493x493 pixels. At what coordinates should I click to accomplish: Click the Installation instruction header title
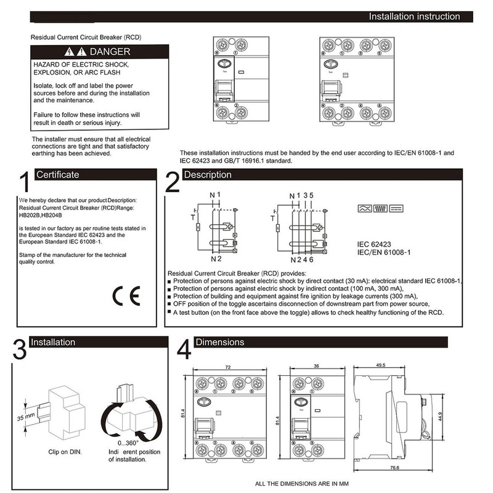point(414,17)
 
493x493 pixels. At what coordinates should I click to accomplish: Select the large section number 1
point(23,184)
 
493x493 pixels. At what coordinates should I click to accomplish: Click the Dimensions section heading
point(219,342)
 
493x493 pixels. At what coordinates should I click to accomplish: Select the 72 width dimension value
point(227,367)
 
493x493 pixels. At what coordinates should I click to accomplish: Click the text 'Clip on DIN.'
point(65,452)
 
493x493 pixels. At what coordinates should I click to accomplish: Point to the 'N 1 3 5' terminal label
point(302,196)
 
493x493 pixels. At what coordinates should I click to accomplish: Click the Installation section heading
point(53,342)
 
